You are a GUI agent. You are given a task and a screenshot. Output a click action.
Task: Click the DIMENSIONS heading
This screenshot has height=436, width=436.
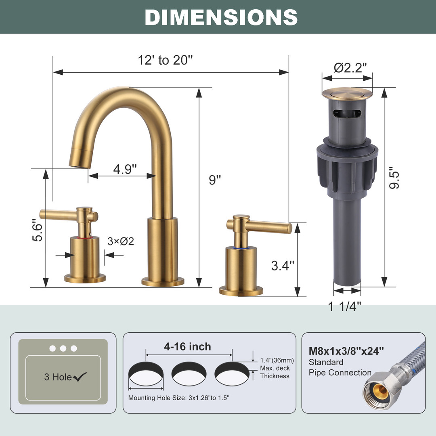coord(221,17)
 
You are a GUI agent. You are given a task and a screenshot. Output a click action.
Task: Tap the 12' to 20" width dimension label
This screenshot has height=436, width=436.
coord(165,60)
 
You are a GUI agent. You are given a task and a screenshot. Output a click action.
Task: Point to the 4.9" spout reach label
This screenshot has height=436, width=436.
coord(125,169)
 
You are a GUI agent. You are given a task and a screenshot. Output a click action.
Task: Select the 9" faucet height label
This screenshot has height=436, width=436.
coord(215,180)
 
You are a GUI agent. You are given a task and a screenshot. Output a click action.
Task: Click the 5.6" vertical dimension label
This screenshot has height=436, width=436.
coord(37,230)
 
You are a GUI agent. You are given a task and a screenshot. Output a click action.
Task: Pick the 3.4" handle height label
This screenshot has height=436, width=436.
coord(283,266)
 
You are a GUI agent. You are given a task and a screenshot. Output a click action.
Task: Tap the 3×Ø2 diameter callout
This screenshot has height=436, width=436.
coord(121,241)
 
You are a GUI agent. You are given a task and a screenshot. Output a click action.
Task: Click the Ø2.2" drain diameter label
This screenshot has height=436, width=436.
coord(350,67)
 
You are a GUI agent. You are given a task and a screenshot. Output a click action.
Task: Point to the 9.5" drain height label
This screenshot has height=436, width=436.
coord(394,178)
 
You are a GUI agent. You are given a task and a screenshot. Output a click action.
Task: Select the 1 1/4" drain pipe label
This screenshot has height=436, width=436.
coord(344,307)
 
